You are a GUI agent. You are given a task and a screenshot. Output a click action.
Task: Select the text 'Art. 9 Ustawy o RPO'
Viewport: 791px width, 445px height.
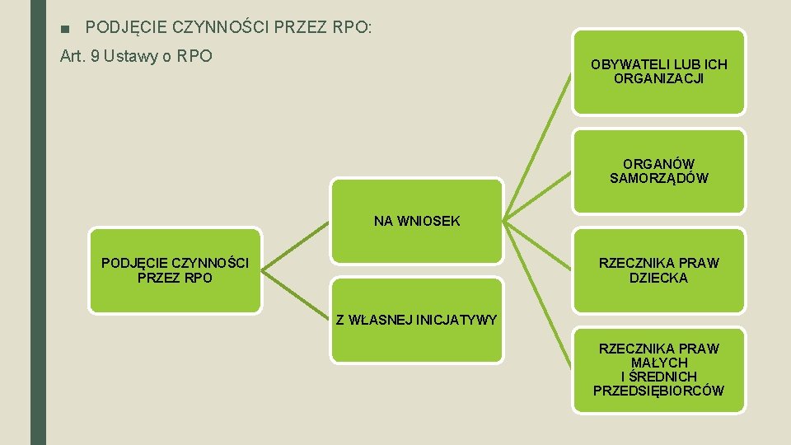[x=137, y=56]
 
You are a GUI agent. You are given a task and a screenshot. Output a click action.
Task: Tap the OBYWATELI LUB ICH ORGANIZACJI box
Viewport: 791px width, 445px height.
[x=658, y=72]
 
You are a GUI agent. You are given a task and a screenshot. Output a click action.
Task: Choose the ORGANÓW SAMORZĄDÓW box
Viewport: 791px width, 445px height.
[x=658, y=171]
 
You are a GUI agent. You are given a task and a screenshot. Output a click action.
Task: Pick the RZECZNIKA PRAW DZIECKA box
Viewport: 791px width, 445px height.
[x=658, y=270]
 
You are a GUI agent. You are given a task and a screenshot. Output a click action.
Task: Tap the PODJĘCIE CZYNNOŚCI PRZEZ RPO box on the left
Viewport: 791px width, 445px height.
[x=175, y=270]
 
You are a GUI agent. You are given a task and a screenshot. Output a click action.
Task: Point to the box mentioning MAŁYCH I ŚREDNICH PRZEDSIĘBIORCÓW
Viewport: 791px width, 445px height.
[x=658, y=369]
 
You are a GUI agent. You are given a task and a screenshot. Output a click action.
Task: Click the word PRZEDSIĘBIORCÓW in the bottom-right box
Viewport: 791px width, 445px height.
[x=658, y=391]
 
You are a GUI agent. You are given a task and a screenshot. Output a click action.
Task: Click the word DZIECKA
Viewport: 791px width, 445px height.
[x=658, y=279]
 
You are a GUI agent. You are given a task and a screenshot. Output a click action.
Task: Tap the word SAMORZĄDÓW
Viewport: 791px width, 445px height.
[x=658, y=179]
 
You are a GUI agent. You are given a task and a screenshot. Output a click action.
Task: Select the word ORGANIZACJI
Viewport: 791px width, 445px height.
[x=658, y=79]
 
